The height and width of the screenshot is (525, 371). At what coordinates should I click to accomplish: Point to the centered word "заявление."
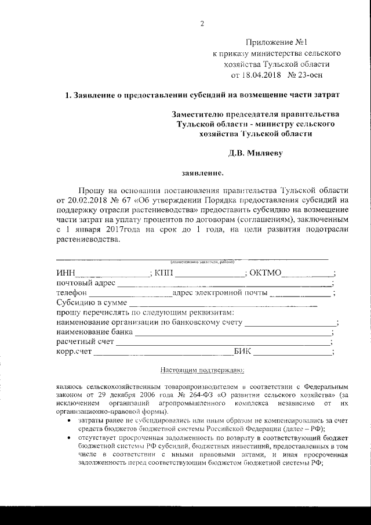[202, 173]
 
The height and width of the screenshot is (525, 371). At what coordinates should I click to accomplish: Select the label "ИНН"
[66, 273]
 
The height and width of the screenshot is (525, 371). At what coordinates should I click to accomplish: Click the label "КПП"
[164, 273]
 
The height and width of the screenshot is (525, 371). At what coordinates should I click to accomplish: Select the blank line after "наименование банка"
[232, 333]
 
